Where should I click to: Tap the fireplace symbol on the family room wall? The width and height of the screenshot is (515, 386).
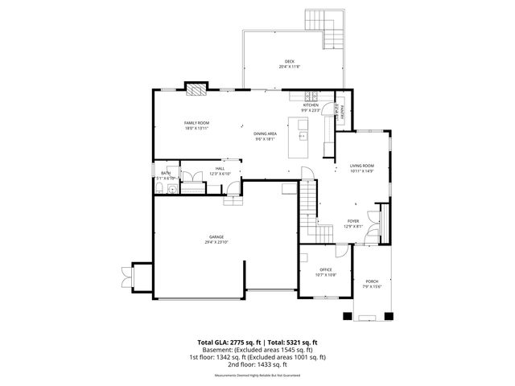point(196,87)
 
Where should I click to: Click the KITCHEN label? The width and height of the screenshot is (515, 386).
point(311,105)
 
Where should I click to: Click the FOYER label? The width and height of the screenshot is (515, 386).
point(353,221)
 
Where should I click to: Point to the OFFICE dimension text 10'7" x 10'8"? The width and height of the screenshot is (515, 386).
point(326,274)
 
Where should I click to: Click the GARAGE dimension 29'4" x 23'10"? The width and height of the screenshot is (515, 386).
point(217,241)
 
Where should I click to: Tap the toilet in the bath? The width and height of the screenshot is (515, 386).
point(161,189)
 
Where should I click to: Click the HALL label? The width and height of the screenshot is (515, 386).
point(220,169)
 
